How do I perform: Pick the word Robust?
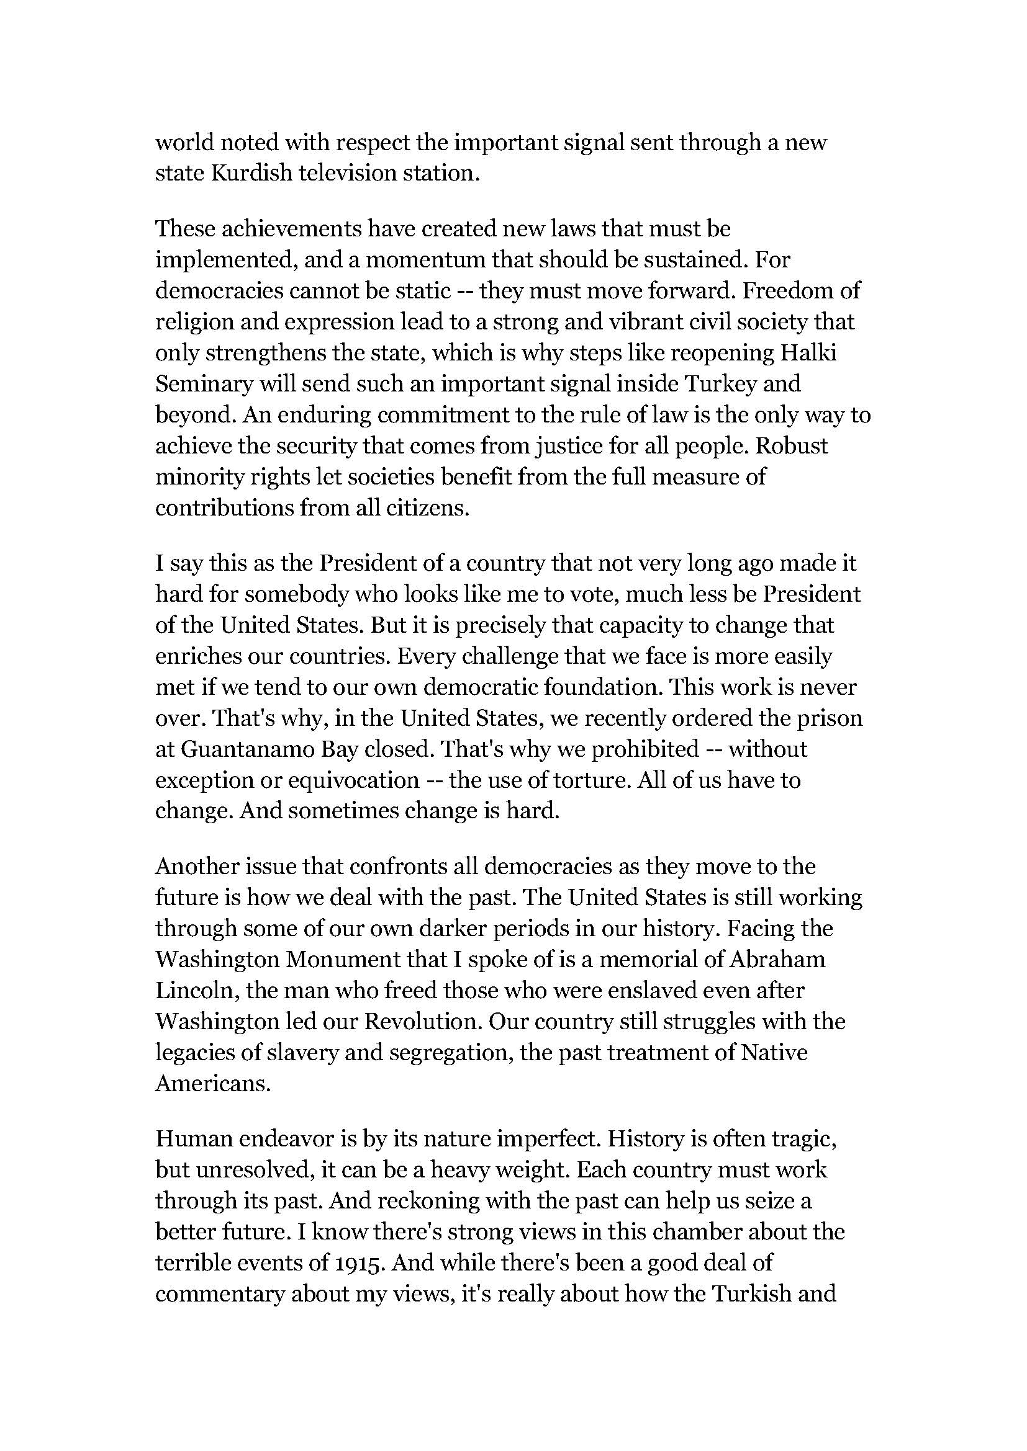coord(792,445)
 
